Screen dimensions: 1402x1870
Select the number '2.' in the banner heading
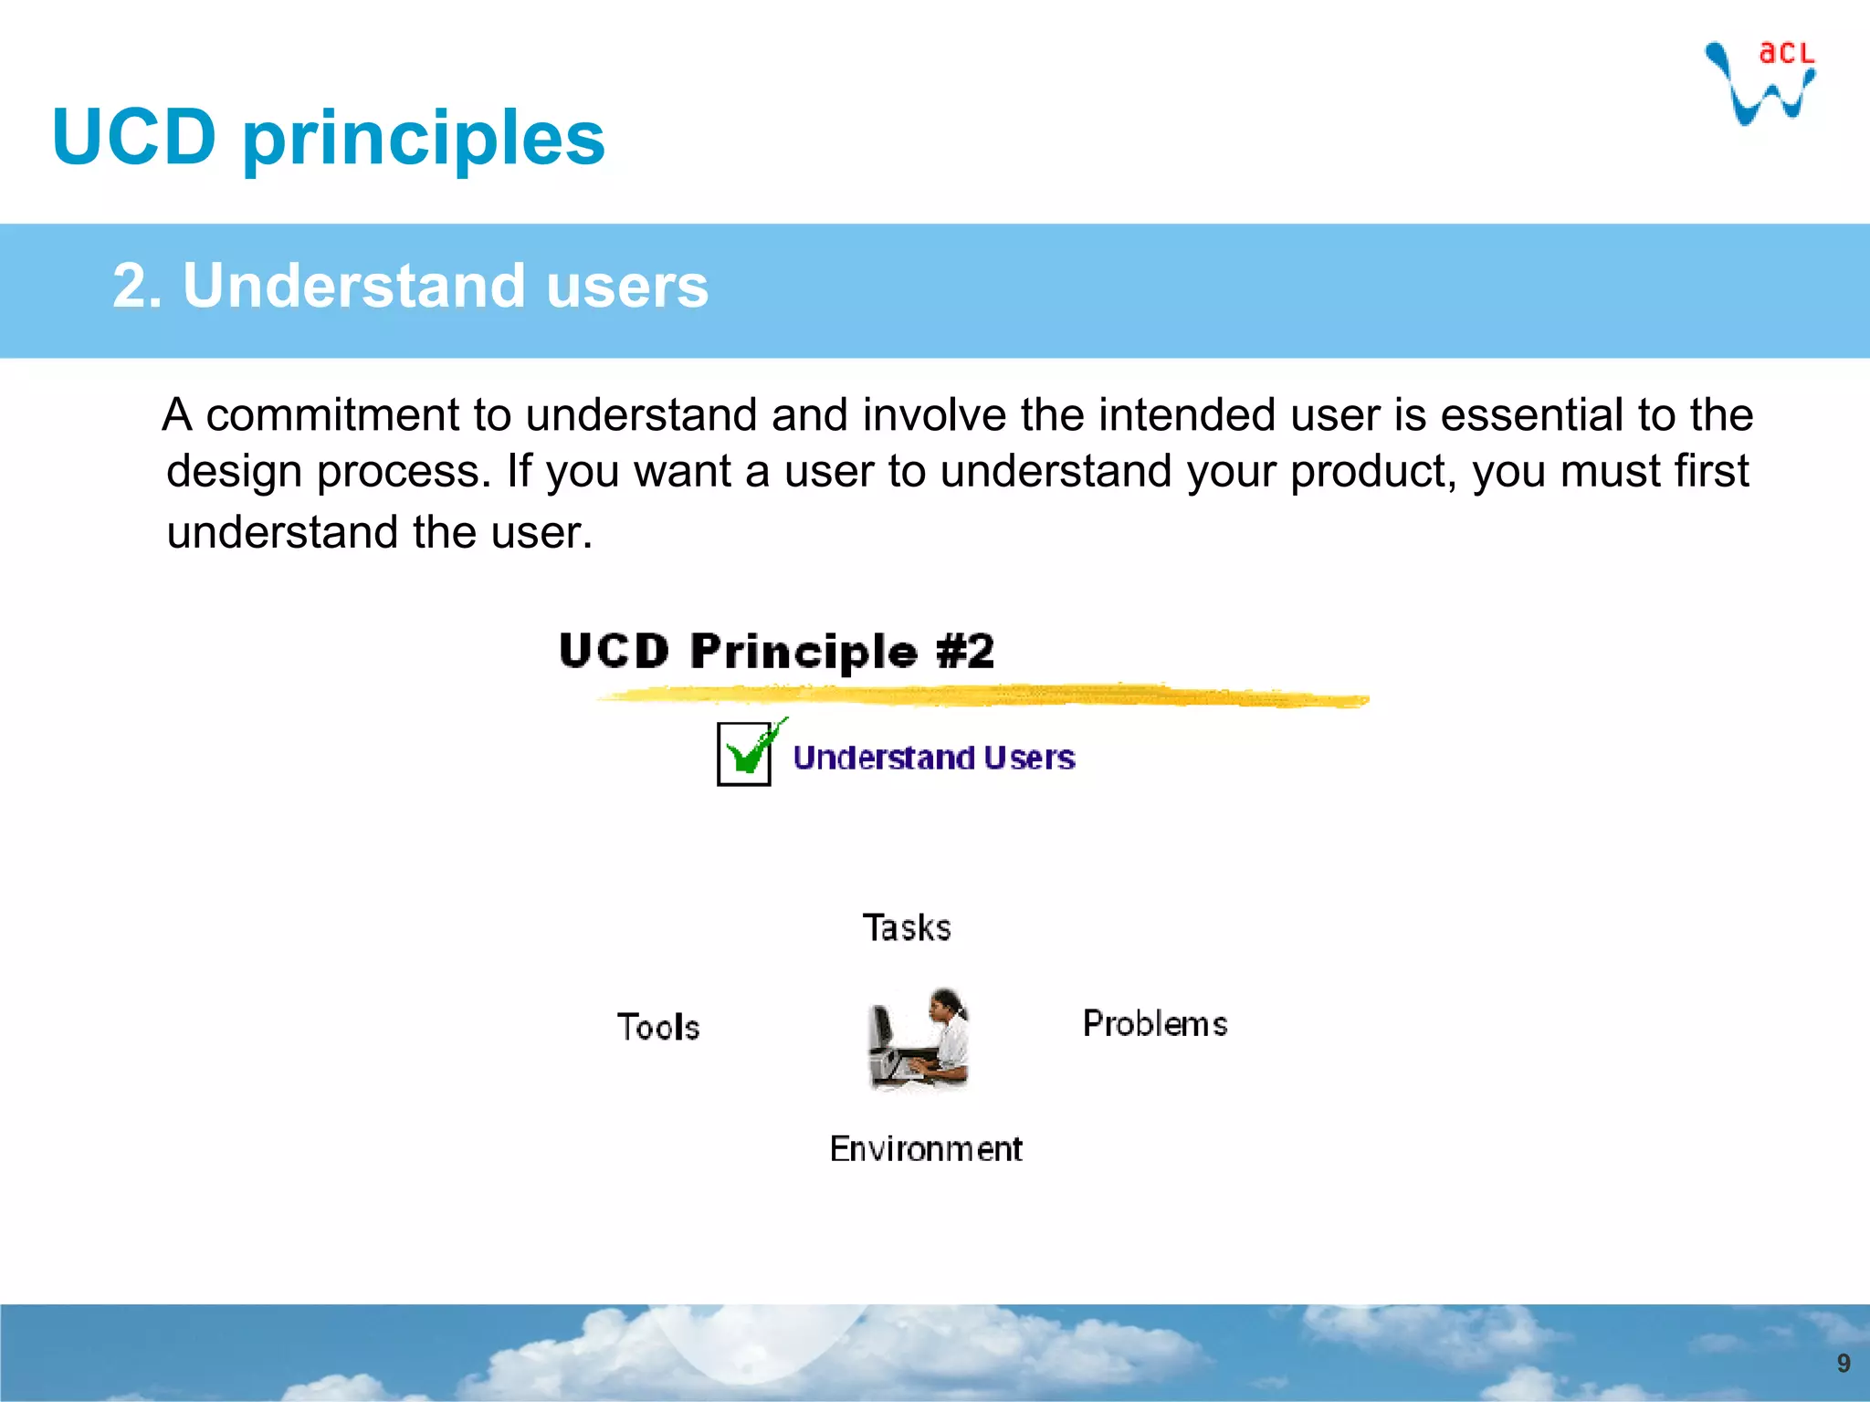pos(138,286)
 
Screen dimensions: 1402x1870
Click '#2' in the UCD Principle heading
pos(965,652)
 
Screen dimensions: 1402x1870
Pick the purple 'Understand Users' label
pos(933,759)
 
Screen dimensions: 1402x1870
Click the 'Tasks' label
pos(907,928)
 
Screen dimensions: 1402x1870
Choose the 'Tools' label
pos(658,1028)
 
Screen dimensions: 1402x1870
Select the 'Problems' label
pos(1155,1024)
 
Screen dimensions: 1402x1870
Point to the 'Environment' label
pos(925,1149)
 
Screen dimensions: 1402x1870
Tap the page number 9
pos(1843,1364)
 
